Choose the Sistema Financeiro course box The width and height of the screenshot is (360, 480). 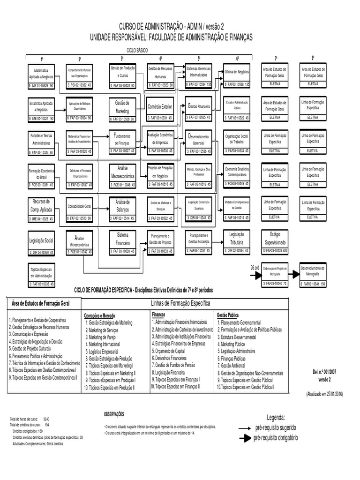tap(122, 240)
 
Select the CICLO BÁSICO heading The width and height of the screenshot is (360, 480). tap(136, 49)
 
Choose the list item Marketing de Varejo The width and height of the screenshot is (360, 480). tap(102, 337)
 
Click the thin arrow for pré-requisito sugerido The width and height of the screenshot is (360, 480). tap(244, 428)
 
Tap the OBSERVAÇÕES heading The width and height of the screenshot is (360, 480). tap(114, 414)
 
